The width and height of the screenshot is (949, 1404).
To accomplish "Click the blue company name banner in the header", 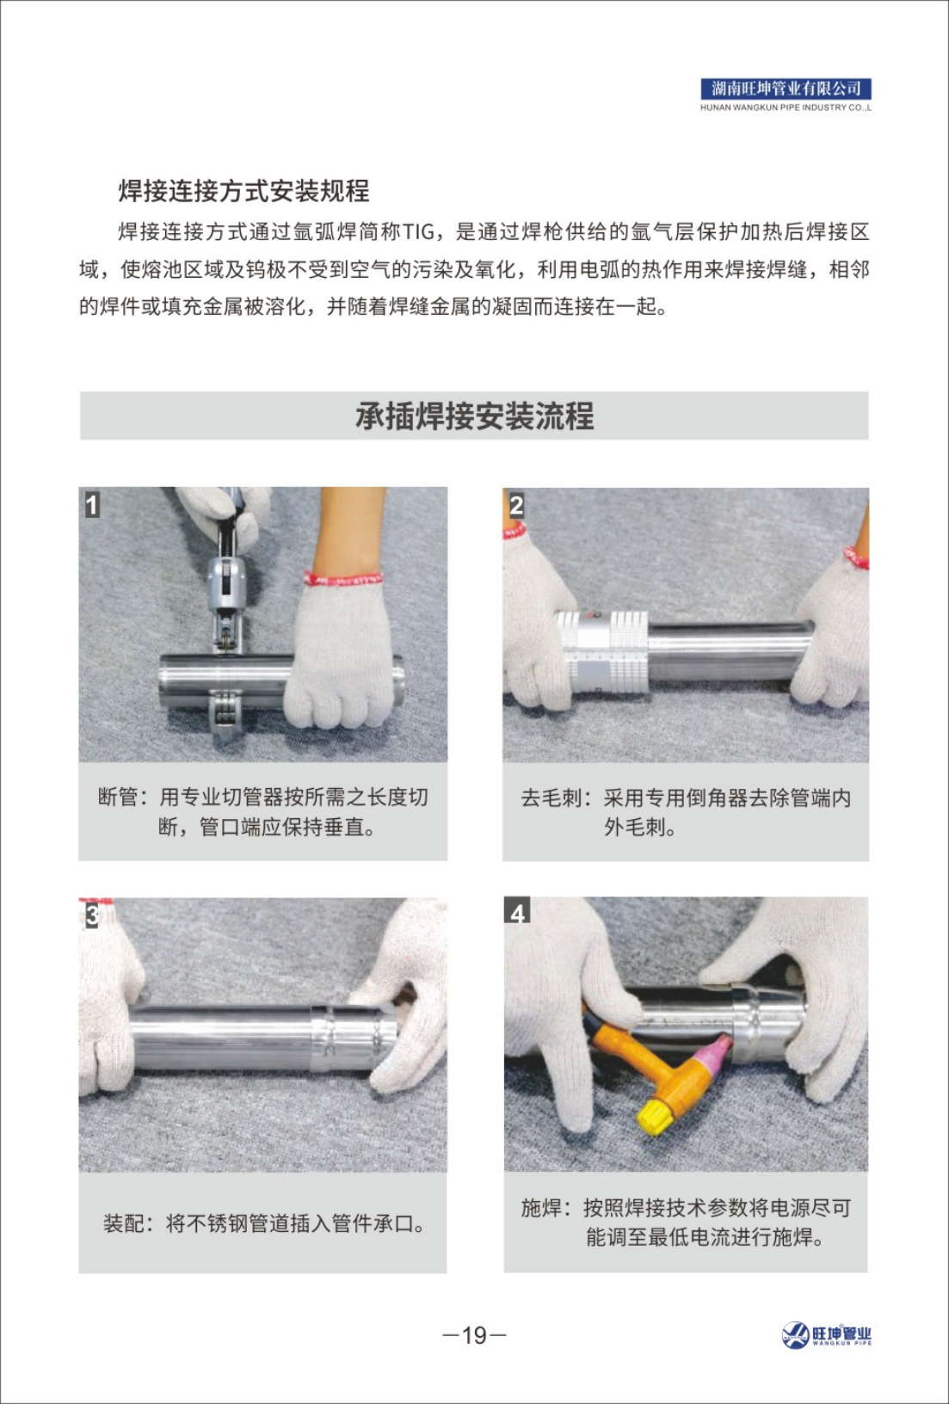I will (786, 89).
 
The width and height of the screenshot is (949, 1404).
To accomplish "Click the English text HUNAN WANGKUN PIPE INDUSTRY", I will (786, 108).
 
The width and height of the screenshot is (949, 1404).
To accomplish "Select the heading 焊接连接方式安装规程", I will (243, 190).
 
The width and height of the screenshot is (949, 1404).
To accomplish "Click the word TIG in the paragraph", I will (421, 232).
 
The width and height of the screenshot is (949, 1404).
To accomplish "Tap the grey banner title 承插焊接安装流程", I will (474, 416).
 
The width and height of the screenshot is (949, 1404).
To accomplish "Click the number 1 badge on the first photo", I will (92, 504).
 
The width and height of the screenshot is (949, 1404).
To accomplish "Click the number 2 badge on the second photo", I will (516, 505).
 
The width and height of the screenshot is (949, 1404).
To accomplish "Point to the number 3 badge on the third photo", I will (92, 914).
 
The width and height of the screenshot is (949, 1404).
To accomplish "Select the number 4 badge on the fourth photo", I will (517, 912).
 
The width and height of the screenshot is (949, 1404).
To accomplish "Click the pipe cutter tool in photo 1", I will (226, 602).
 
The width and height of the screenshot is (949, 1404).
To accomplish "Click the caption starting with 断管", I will (263, 811).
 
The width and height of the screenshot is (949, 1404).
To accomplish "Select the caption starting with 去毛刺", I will (686, 811).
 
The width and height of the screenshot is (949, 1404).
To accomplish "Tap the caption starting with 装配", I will (263, 1222).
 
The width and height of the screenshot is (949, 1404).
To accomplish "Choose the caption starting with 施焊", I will (686, 1222).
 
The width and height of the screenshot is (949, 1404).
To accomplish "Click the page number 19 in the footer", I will (474, 1335).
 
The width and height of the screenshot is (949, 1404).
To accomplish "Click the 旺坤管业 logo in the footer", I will (827, 1335).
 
